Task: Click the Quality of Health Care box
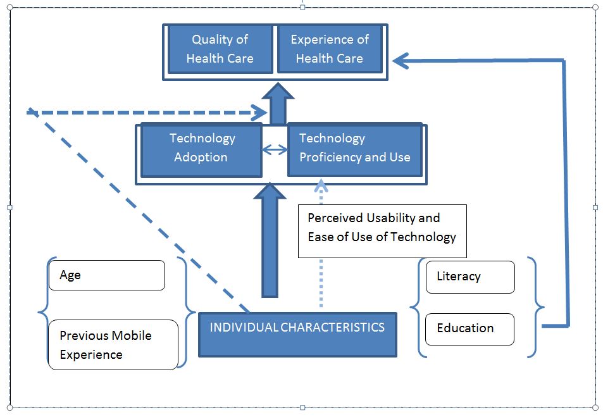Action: (220, 49)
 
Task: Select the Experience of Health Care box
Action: (329, 49)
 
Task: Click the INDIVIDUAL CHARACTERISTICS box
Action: (297, 335)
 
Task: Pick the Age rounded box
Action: (106, 275)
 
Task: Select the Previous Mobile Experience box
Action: (113, 345)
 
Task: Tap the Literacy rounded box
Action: (470, 277)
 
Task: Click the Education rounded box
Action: (469, 328)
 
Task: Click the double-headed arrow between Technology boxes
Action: (275, 150)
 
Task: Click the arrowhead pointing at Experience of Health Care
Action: (401, 61)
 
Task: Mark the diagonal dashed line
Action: (139, 212)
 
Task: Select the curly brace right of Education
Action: (538, 308)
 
